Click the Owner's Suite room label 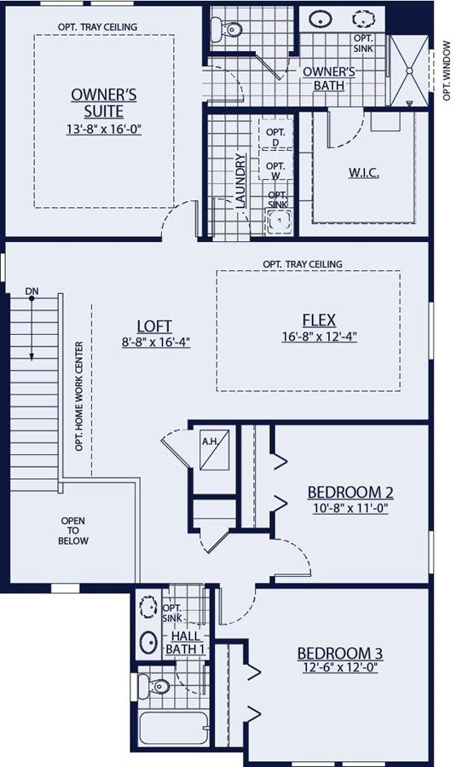104,103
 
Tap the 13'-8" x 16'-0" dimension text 104,130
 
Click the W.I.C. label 364,173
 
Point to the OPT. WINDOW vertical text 447,71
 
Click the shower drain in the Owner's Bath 410,71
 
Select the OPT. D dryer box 275,133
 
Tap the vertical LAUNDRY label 240,181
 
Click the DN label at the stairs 32,291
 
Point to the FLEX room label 319,320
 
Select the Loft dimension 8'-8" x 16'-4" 156,342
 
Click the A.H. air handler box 215,449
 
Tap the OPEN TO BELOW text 73,531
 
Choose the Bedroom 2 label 350,492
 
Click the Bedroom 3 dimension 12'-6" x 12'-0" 340,667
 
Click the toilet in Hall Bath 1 153,685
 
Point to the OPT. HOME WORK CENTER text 79,396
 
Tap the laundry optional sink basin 279,221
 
